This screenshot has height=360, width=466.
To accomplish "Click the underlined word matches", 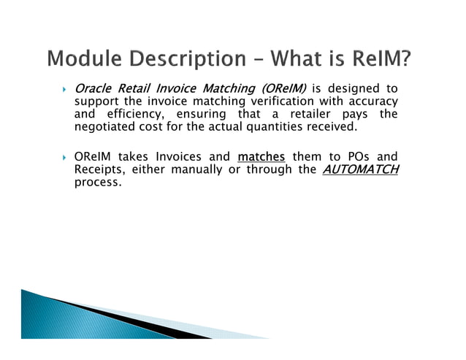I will (x=261, y=156).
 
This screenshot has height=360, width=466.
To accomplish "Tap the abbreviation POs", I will (x=348, y=156).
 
